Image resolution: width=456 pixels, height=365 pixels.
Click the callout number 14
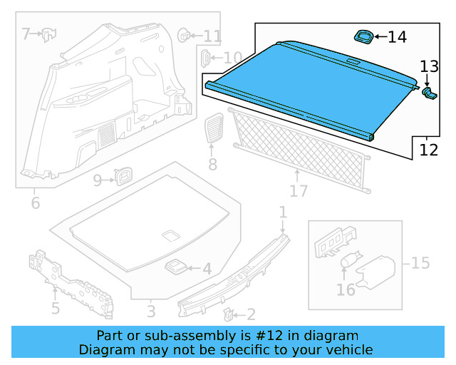(x=397, y=36)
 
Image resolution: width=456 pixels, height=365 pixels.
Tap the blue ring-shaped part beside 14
(x=363, y=35)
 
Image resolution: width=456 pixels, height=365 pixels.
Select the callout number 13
(x=430, y=67)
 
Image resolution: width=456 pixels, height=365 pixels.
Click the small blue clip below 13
(x=429, y=93)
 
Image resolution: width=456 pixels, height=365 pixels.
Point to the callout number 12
(x=428, y=150)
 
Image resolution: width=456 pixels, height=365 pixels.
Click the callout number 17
(x=299, y=190)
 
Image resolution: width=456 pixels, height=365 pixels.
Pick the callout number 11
(x=212, y=36)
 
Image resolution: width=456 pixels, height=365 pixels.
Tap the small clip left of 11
(x=184, y=33)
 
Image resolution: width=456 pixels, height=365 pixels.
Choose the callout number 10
(x=232, y=58)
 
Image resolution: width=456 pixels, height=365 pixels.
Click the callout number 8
(x=212, y=165)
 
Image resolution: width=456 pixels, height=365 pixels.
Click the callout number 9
(x=98, y=180)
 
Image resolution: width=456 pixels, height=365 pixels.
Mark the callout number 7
(x=26, y=34)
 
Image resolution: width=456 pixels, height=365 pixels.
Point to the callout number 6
(x=36, y=204)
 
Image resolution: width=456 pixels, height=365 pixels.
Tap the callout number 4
(x=207, y=269)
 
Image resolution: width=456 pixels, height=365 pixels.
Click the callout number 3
(x=150, y=311)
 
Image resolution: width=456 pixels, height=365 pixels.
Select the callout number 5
(x=55, y=308)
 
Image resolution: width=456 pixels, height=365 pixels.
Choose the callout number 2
(x=250, y=314)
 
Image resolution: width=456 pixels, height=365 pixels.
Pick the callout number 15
(x=420, y=263)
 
